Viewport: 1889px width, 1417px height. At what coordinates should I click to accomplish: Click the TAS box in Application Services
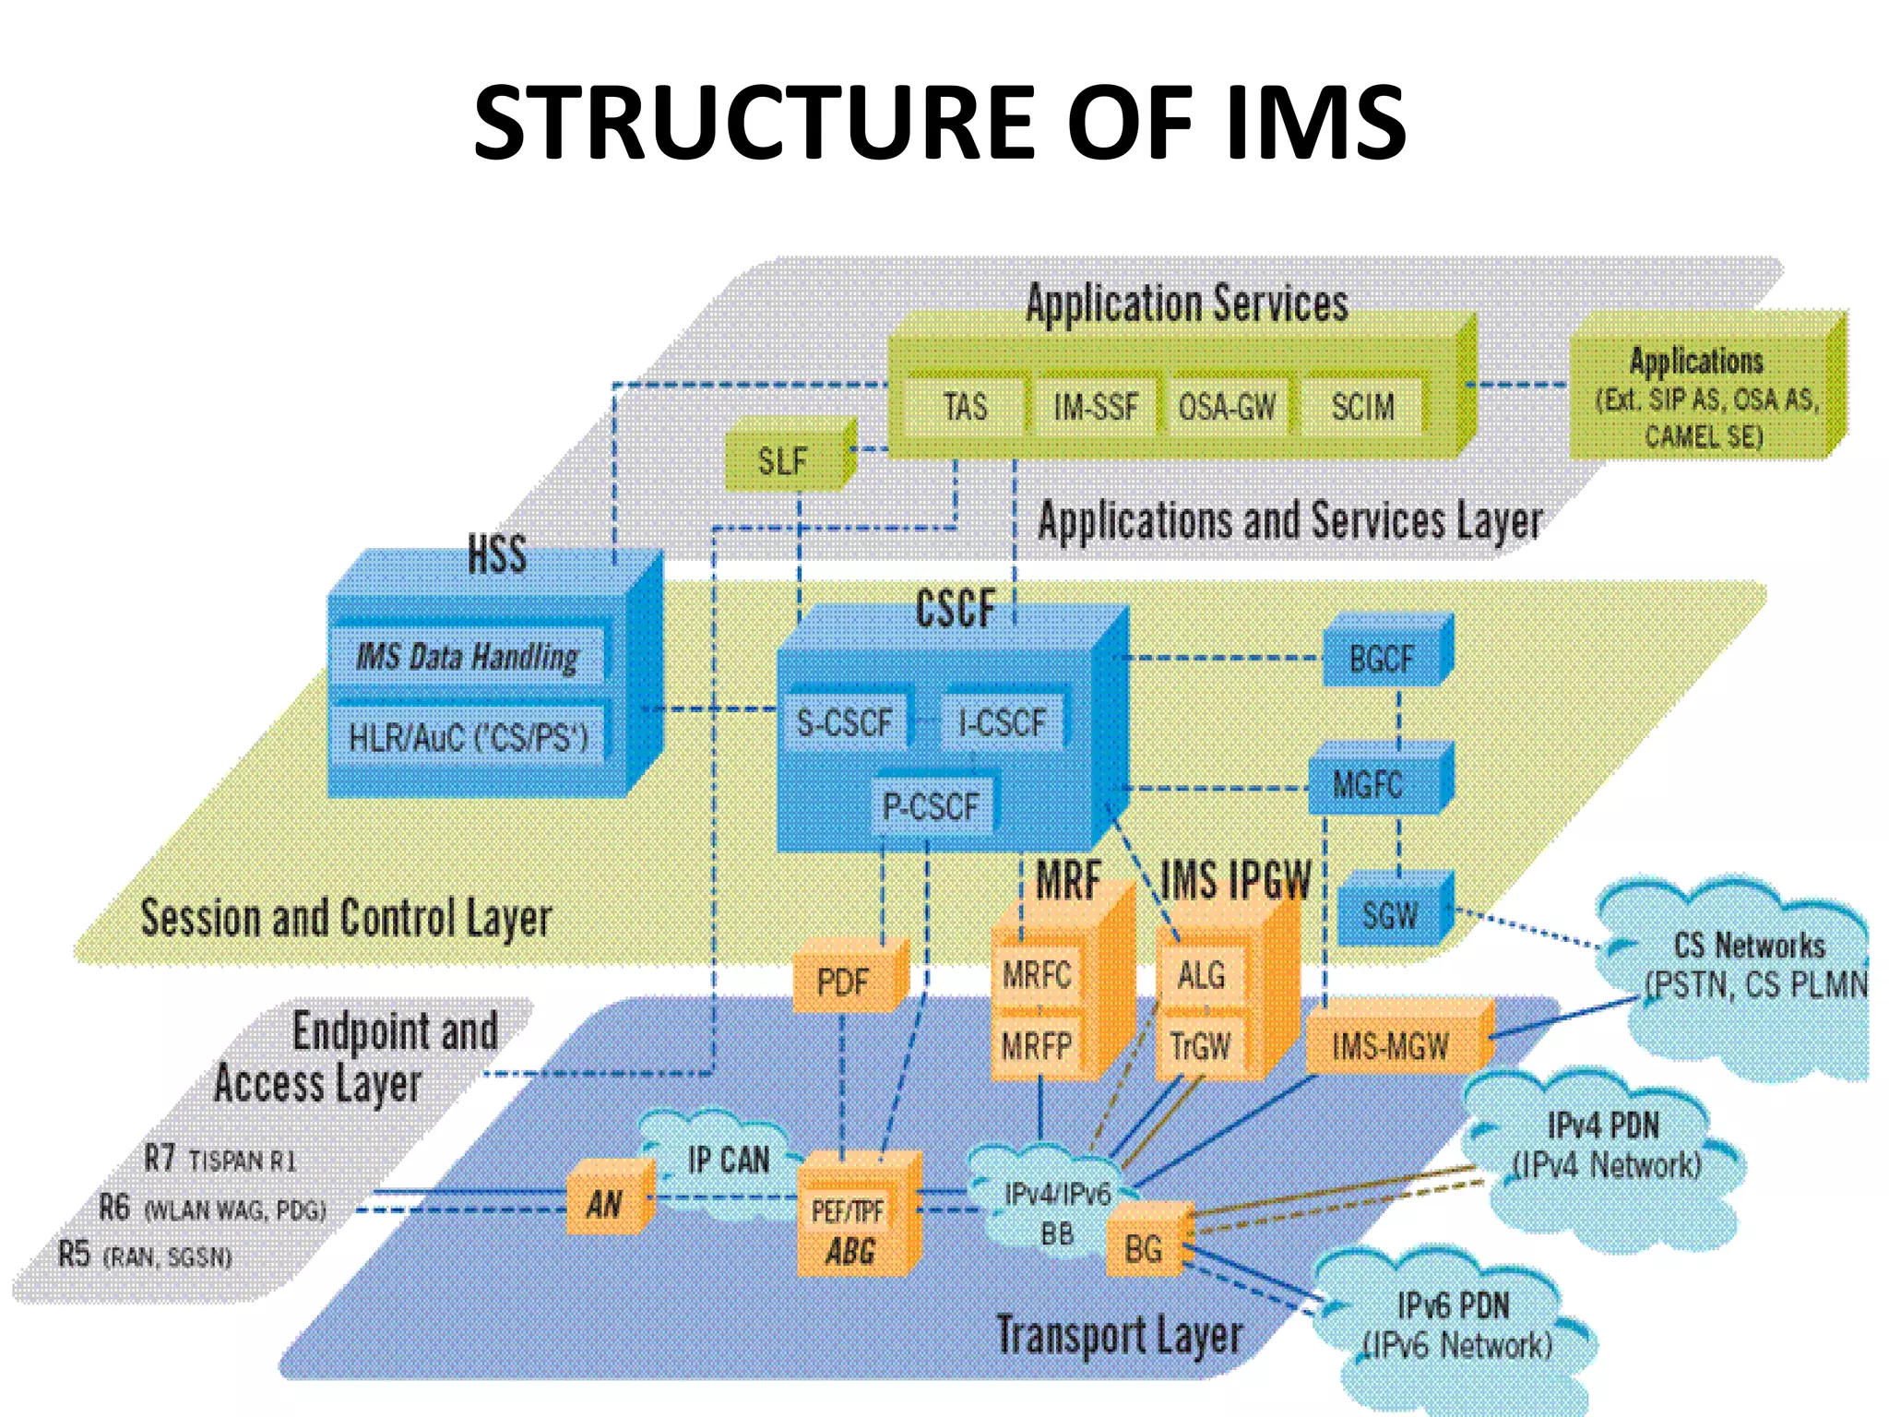[965, 406]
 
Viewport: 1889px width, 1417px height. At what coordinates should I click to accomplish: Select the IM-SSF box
[1095, 406]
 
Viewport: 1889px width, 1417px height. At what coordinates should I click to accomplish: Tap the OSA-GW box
[1227, 406]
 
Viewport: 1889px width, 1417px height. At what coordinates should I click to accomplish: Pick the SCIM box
[1362, 406]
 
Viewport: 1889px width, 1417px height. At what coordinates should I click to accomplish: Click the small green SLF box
[783, 460]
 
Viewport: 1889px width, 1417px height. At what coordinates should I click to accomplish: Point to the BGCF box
[1381, 659]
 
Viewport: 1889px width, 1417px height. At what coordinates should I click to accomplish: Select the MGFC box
[1368, 786]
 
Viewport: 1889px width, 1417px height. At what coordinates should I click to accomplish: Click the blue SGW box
[1389, 915]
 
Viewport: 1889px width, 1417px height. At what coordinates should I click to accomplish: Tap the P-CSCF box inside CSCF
[931, 806]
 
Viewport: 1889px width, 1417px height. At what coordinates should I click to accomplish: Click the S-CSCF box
[844, 722]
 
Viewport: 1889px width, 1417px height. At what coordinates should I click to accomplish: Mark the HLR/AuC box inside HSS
[468, 736]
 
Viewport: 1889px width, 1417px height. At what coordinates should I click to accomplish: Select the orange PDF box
[842, 982]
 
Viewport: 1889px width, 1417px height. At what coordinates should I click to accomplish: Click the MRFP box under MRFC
[1037, 1046]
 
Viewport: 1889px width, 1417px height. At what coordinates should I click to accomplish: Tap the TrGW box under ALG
[1200, 1046]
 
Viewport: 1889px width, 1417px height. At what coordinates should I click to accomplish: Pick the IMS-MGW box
[1390, 1046]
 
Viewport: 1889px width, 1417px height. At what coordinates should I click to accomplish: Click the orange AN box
[605, 1203]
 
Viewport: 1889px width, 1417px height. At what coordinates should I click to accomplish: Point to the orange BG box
[1143, 1249]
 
